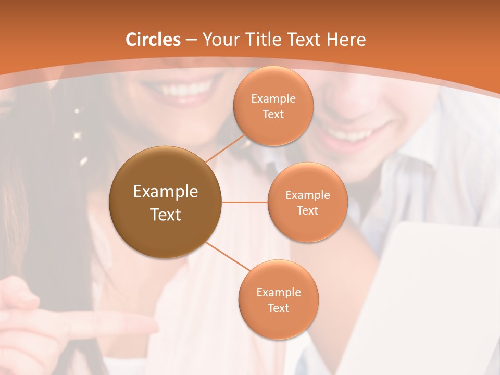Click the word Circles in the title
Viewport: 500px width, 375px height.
(x=154, y=40)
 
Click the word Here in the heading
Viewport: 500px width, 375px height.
(x=346, y=40)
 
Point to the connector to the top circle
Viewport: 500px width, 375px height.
(x=225, y=148)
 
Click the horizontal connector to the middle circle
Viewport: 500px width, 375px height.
(x=244, y=202)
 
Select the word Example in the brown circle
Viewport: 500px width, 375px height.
(x=165, y=192)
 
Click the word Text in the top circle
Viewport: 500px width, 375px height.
(x=273, y=115)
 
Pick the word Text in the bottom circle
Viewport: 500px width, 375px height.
(x=278, y=308)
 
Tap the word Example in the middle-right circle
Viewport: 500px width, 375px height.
(x=307, y=195)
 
